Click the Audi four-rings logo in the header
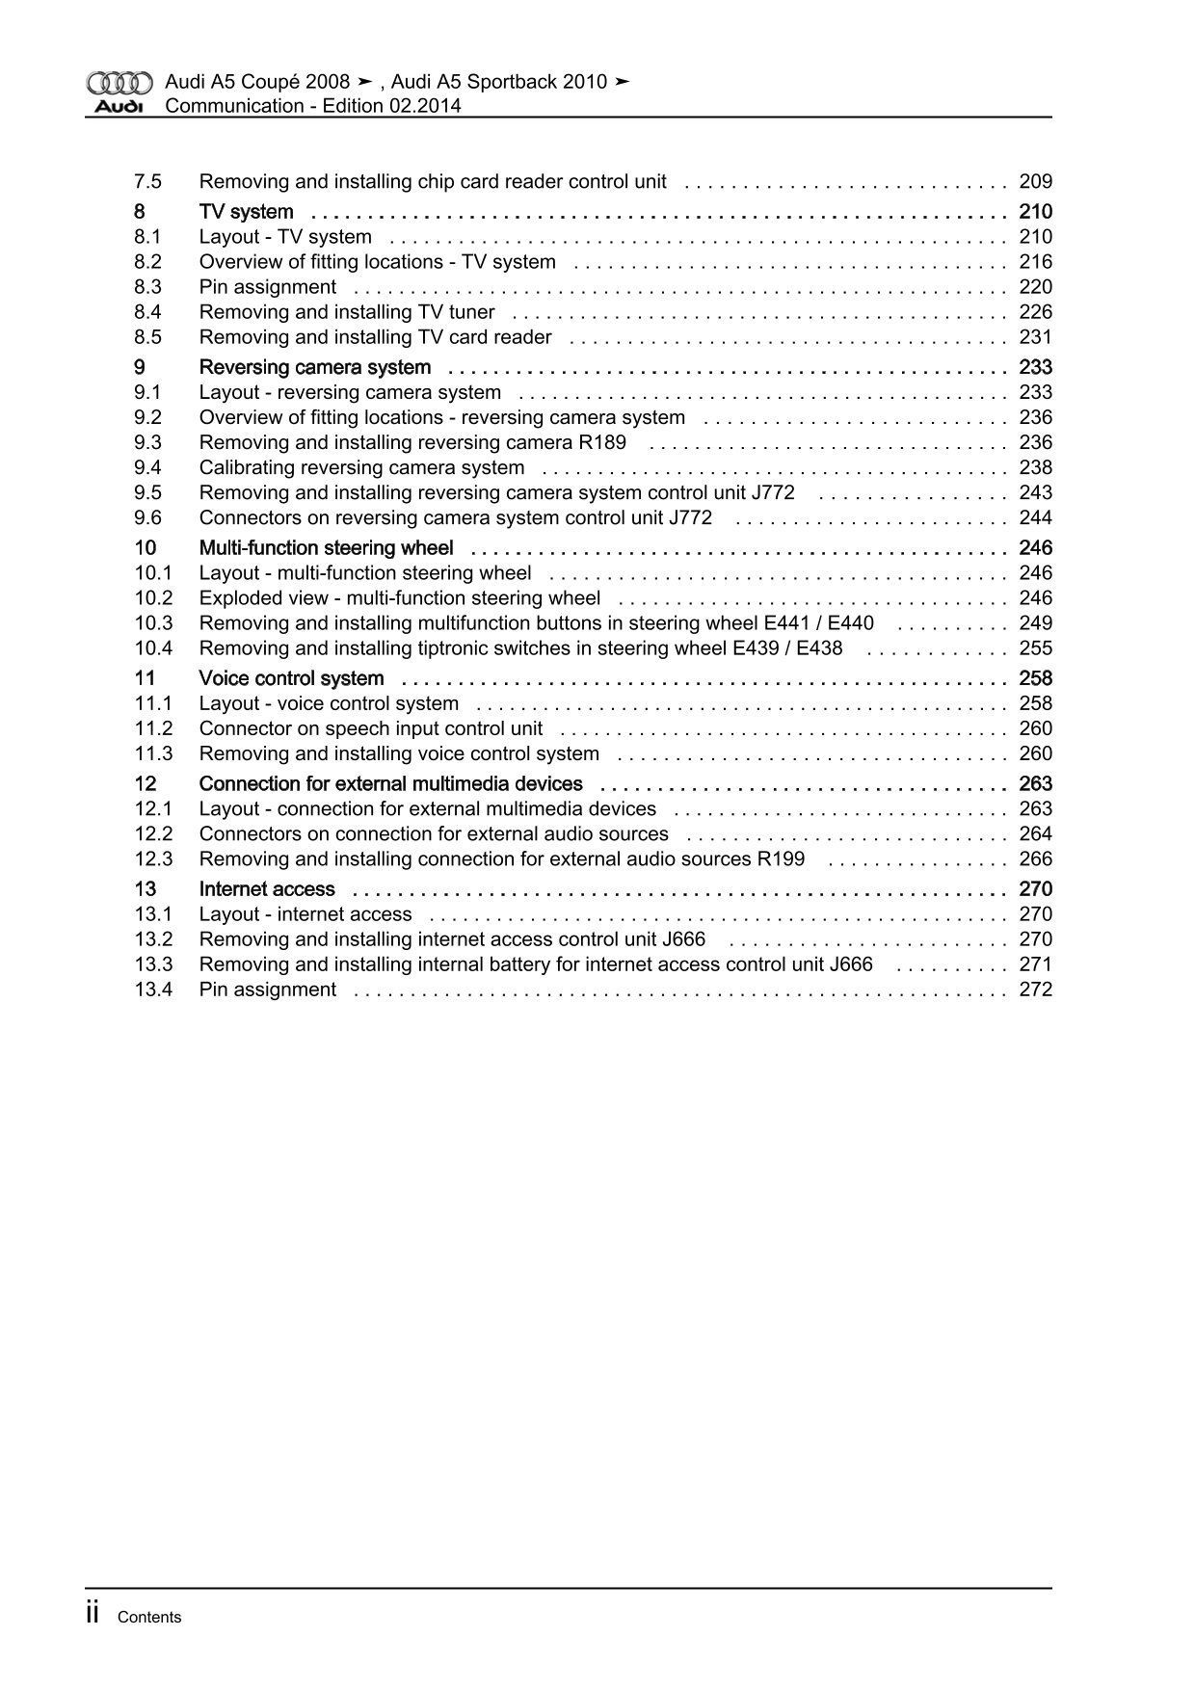[119, 82]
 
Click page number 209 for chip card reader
[1035, 181]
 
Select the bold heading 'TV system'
[246, 212]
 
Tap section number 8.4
[147, 312]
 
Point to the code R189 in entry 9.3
[603, 442]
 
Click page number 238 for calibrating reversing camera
[1035, 467]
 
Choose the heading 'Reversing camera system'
[314, 367]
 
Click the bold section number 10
[146, 548]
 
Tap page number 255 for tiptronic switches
[1035, 648]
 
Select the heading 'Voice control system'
[291, 678]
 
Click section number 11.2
[153, 728]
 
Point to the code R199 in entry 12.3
[781, 859]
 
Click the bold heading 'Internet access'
[267, 889]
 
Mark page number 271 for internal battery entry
[1035, 964]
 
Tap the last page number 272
[1035, 990]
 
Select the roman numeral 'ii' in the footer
[93, 1614]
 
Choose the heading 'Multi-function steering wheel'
[326, 548]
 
